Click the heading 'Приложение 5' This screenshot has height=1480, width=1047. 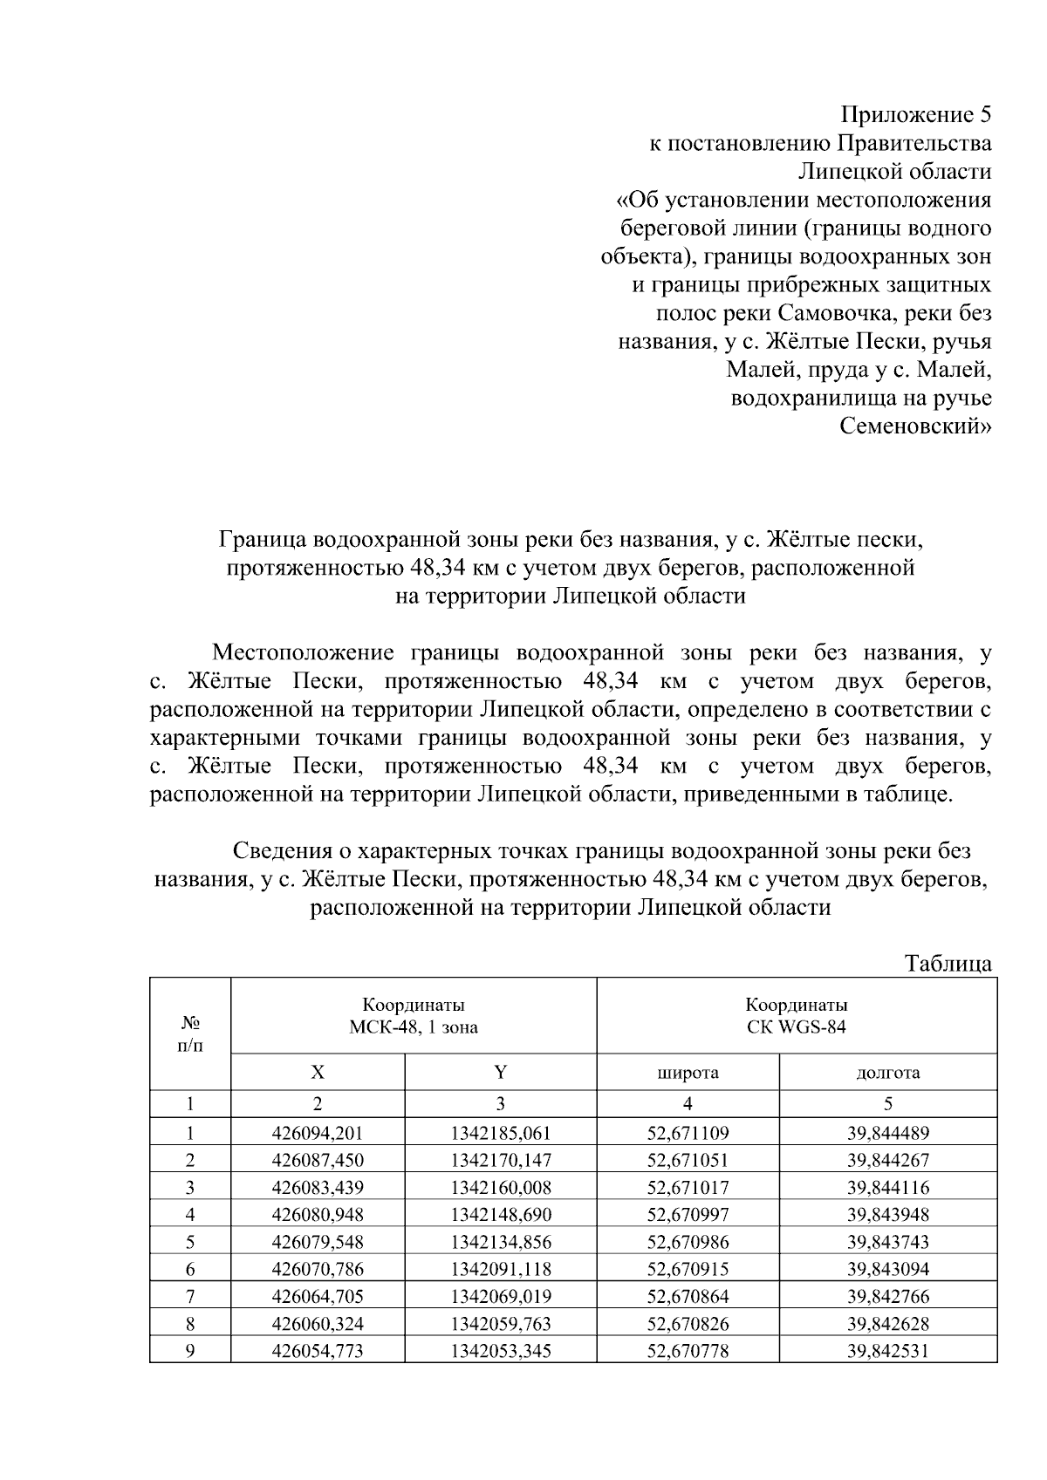(915, 114)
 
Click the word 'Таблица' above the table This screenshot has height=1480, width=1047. (948, 964)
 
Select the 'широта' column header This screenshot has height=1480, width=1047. (688, 1073)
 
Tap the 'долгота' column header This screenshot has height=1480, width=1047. (887, 1073)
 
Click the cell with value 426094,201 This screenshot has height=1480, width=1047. (318, 1133)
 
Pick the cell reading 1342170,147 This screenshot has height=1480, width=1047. (501, 1160)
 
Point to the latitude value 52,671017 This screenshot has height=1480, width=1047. (688, 1187)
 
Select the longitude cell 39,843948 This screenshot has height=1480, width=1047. (887, 1214)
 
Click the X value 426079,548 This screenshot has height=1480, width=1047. (318, 1241)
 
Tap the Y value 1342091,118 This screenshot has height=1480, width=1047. (501, 1268)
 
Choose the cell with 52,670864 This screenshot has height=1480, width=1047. (688, 1296)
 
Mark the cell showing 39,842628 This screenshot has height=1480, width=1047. (887, 1323)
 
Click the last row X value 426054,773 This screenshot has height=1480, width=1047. (318, 1351)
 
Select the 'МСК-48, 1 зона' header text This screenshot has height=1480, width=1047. (414, 1026)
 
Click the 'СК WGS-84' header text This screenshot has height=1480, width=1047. (796, 1026)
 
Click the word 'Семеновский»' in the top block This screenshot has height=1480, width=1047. (915, 427)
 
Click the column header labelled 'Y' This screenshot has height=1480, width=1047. (501, 1073)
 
